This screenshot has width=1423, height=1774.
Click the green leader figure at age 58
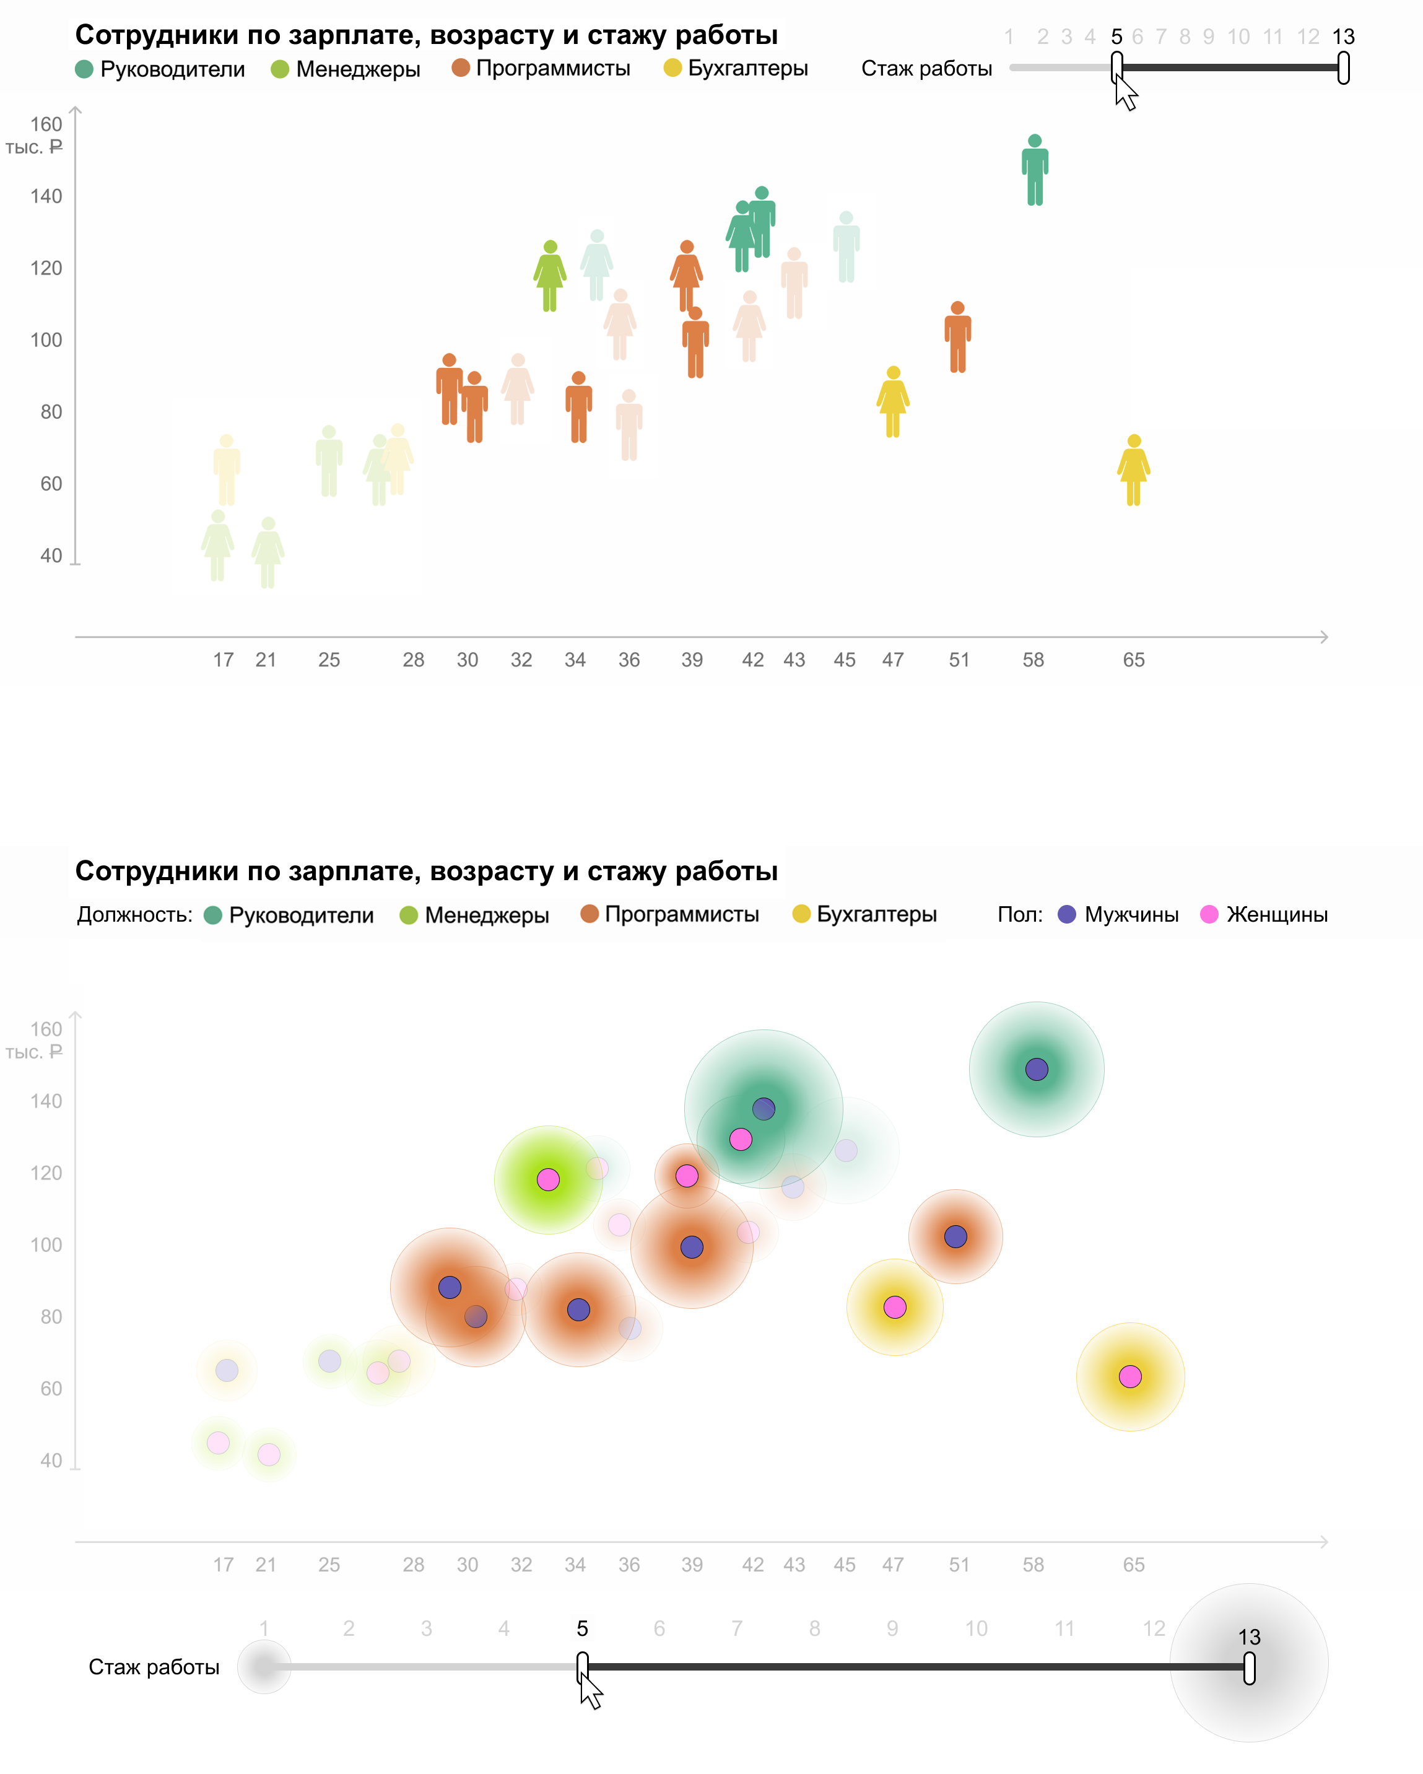click(1035, 170)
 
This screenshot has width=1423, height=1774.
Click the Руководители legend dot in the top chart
click(84, 69)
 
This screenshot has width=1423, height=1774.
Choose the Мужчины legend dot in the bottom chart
click(1067, 914)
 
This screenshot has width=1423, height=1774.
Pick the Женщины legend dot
click(1209, 914)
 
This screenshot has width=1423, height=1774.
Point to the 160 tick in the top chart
click(46, 125)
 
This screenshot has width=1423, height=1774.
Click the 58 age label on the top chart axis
click(1033, 660)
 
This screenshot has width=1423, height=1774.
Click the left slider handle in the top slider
click(1116, 68)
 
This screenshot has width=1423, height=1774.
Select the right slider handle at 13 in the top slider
click(1343, 68)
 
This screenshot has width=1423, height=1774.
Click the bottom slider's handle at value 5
click(582, 1667)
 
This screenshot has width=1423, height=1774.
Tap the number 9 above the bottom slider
click(892, 1628)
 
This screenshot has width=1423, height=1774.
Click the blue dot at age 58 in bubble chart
click(1037, 1069)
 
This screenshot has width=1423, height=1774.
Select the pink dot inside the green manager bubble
click(548, 1179)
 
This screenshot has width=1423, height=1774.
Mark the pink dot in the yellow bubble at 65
click(1130, 1376)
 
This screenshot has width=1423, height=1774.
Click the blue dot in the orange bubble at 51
click(955, 1236)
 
